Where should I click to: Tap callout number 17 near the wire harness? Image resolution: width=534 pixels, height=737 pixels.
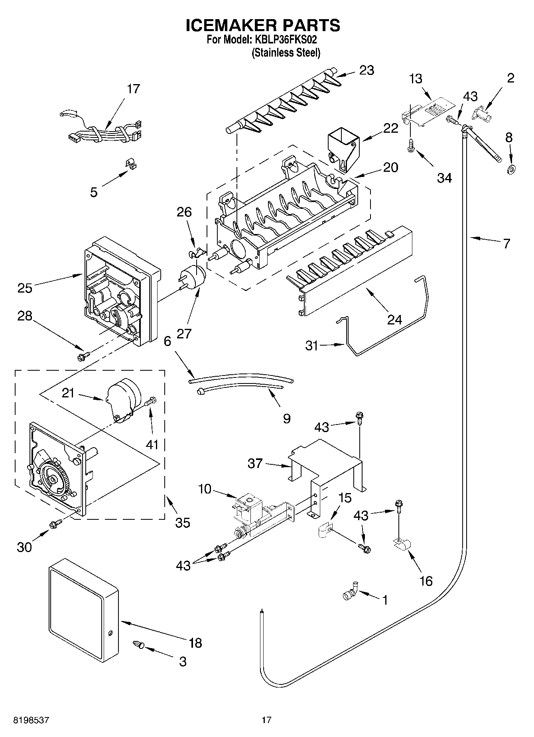[x=133, y=88]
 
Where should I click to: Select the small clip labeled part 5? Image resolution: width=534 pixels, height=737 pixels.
[x=129, y=164]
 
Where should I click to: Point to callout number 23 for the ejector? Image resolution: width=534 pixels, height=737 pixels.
[x=367, y=70]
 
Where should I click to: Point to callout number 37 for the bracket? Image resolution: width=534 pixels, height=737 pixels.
[x=255, y=463]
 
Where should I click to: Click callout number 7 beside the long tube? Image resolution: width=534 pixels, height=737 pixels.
[x=506, y=244]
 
